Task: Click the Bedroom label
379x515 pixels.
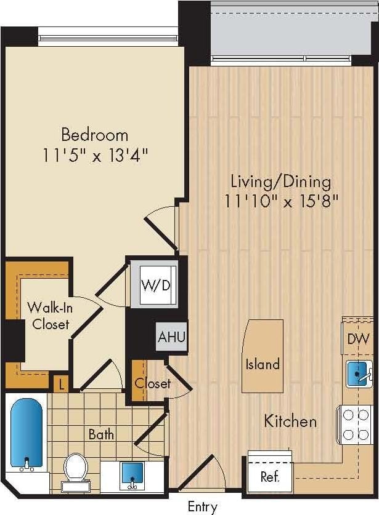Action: click(x=94, y=134)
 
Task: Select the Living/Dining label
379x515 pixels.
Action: click(x=280, y=182)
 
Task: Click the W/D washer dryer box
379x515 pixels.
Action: click(x=155, y=285)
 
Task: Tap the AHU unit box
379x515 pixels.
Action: click(x=171, y=337)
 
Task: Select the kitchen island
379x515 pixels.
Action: click(x=263, y=356)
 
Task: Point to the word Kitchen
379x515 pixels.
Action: click(x=290, y=421)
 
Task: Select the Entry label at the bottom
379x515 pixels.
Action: click(x=202, y=507)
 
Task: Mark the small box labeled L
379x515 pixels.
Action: click(x=60, y=385)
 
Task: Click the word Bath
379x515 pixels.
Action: click(x=101, y=434)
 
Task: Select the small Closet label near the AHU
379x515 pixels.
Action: click(x=152, y=383)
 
